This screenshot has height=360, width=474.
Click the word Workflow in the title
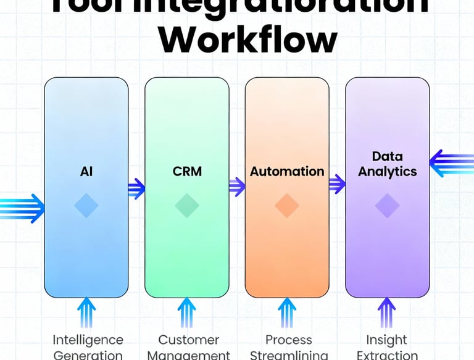[x=249, y=40]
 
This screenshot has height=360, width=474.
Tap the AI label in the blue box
[x=86, y=171]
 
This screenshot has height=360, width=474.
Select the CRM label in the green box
[x=187, y=171]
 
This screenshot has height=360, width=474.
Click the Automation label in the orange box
[x=287, y=171]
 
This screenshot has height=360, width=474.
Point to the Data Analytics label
[x=388, y=164]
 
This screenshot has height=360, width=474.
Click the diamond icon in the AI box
[x=86, y=206]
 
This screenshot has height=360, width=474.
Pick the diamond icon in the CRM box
[x=187, y=206]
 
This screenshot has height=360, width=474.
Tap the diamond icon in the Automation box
[x=287, y=206]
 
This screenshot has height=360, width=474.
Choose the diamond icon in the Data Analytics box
[x=388, y=206]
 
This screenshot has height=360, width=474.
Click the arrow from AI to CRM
[x=136, y=188]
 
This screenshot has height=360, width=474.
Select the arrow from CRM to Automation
[x=237, y=186]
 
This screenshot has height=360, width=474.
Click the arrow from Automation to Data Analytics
[x=337, y=183]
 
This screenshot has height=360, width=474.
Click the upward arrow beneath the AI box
[x=86, y=312]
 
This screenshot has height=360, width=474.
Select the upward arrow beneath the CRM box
[x=187, y=312]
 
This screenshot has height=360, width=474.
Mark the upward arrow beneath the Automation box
[x=287, y=312]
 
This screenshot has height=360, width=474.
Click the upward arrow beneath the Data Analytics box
[x=387, y=312]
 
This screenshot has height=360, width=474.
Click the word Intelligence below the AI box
[x=88, y=340]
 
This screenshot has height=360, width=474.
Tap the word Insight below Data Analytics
[x=386, y=340]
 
